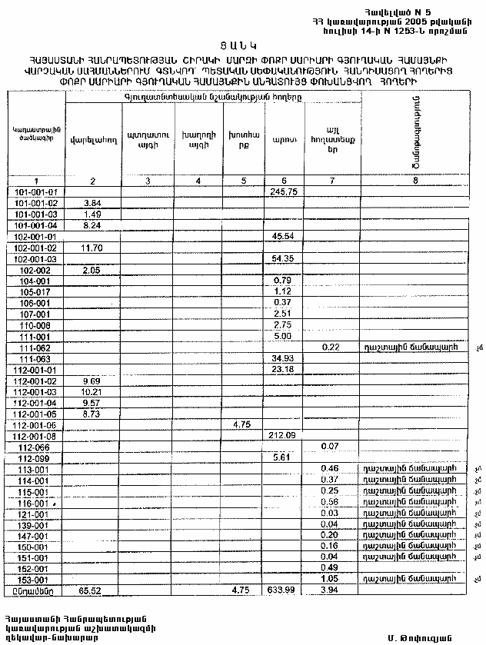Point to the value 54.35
(x=285, y=259)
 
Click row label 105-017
(x=36, y=291)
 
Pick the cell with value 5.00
(x=282, y=336)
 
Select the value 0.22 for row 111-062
(x=331, y=347)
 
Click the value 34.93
(x=285, y=359)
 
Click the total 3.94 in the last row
(x=331, y=590)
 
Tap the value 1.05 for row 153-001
(x=331, y=579)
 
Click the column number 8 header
(x=415, y=180)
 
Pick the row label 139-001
(x=36, y=524)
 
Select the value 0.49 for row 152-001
(x=331, y=567)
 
